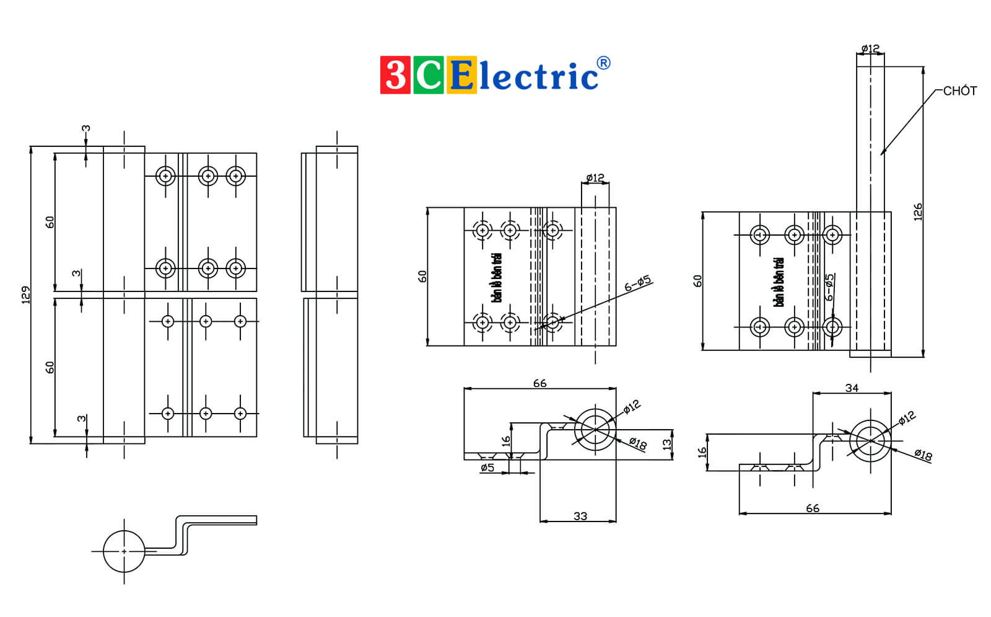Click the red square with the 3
click(x=395, y=75)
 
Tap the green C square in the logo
click(x=428, y=75)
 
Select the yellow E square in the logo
click(x=461, y=75)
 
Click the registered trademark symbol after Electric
click(x=603, y=63)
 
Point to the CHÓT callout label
click(x=959, y=91)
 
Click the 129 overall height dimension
click(x=26, y=295)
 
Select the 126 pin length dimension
click(x=917, y=212)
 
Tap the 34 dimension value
click(x=852, y=388)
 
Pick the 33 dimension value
click(x=580, y=516)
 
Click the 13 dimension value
click(x=666, y=444)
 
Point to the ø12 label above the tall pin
click(x=870, y=48)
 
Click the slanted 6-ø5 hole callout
click(x=637, y=283)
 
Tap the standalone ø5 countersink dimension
click(x=487, y=468)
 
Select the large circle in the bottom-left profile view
click(x=103, y=551)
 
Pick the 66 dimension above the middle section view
click(x=539, y=383)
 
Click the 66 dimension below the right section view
click(x=813, y=508)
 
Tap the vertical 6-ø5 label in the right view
click(x=829, y=287)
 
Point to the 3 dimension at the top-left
click(x=86, y=128)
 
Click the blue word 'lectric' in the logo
click(x=539, y=76)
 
